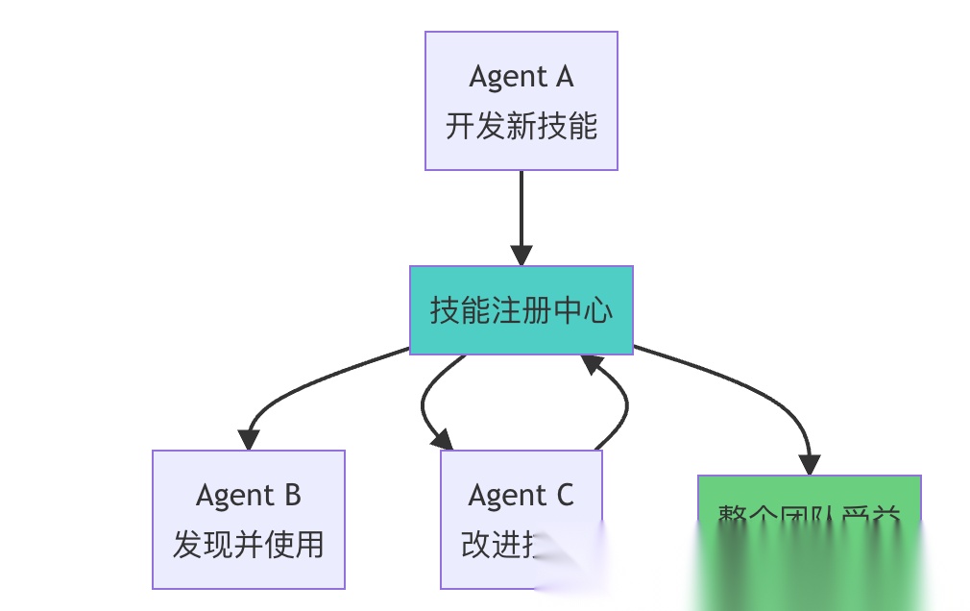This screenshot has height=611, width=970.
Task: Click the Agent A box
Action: click(x=521, y=101)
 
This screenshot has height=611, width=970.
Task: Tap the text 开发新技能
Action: click(x=521, y=127)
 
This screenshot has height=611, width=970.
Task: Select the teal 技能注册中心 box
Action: click(x=521, y=310)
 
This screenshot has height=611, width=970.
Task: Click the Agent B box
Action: click(x=248, y=519)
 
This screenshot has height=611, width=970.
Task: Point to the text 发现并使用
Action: click(x=248, y=545)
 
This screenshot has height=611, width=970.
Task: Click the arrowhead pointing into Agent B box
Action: click(x=249, y=439)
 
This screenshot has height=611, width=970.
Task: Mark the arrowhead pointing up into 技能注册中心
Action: click(x=593, y=364)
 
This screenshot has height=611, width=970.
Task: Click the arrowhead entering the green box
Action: click(x=809, y=465)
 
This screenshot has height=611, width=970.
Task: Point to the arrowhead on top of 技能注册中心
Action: click(x=521, y=256)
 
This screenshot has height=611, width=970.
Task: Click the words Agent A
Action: click(x=521, y=76)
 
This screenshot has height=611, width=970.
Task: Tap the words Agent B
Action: click(x=248, y=495)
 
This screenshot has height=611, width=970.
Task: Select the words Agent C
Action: click(x=521, y=495)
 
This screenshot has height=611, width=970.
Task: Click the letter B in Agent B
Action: click(x=290, y=495)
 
